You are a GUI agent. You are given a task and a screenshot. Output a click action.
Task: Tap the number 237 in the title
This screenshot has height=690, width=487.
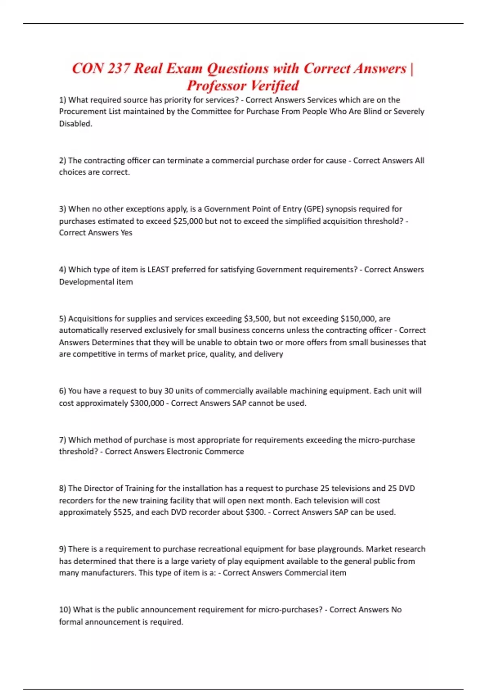pos(119,68)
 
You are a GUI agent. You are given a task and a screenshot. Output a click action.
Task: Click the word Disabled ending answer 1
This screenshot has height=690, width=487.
pos(75,124)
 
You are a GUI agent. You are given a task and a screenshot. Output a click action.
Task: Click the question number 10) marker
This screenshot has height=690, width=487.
pos(65,610)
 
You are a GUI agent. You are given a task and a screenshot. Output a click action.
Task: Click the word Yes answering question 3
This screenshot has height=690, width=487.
pos(126,233)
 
